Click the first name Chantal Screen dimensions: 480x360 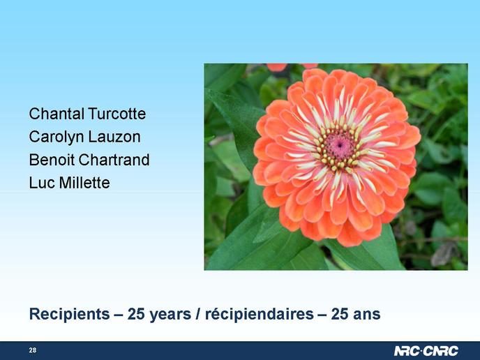pos(57,114)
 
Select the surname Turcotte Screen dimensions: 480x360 pos(117,114)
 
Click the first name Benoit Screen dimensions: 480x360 pos(52,160)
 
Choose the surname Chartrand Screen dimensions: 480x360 pos(114,160)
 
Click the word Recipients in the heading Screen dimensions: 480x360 pos(70,315)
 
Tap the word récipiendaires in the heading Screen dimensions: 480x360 pos(260,314)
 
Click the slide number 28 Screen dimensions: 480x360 pos(33,350)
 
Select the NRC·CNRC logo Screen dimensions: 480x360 pos(426,351)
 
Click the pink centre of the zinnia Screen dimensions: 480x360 pos(339,146)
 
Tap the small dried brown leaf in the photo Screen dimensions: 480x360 pos(443,253)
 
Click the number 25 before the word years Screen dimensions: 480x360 pos(136,315)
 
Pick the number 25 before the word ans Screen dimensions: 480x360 pos(340,315)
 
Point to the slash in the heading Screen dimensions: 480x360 pos(198,315)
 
